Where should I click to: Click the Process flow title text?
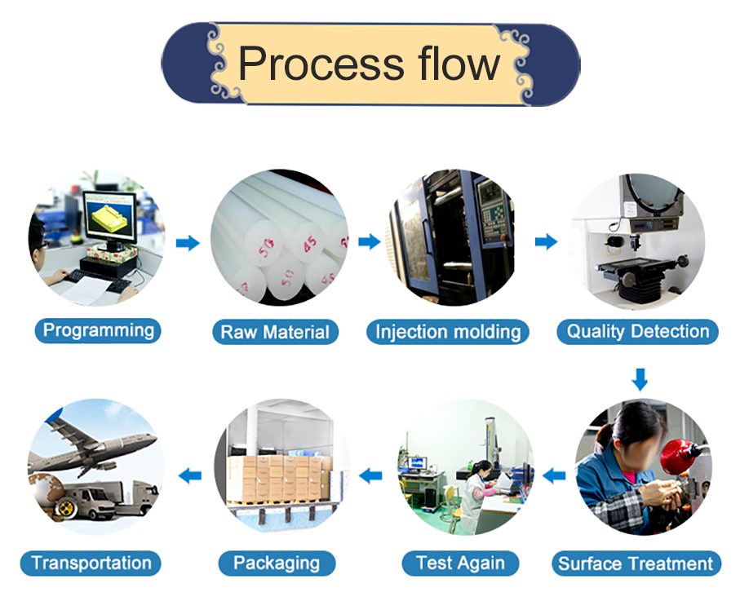[369, 64]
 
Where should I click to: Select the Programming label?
[98, 330]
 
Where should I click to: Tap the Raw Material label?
[275, 332]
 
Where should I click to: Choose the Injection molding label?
[448, 332]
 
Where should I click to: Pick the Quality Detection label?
[638, 331]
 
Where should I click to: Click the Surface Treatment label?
[636, 563]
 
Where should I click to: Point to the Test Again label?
[460, 563]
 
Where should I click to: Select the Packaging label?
[277, 563]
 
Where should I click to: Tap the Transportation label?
[91, 563]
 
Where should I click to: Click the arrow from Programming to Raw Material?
[188, 242]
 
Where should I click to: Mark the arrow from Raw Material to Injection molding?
[370, 241]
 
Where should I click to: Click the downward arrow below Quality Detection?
[640, 378]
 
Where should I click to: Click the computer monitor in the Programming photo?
[109, 218]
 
